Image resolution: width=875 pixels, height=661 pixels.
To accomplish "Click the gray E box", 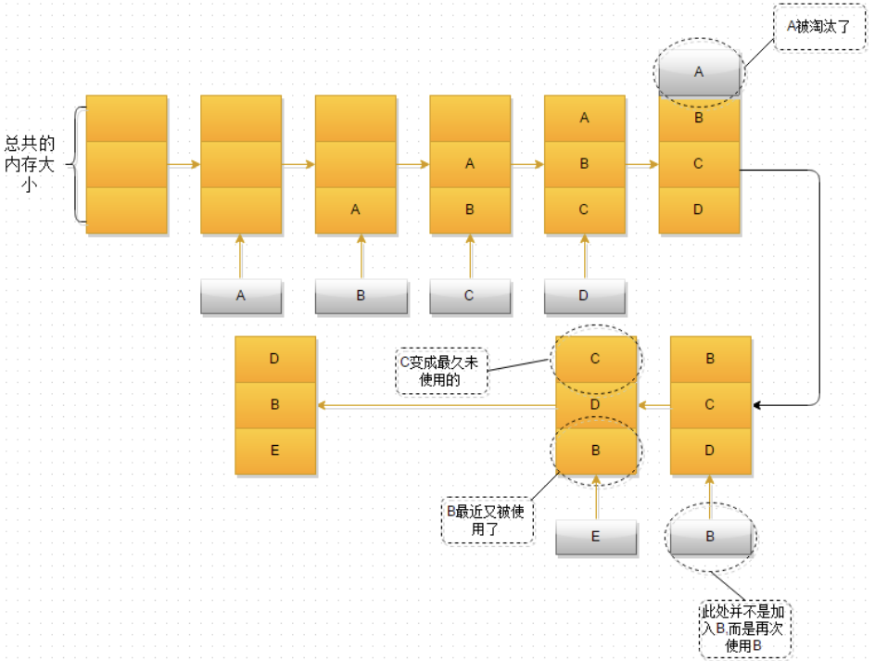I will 596,537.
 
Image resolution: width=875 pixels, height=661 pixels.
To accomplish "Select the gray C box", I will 470,296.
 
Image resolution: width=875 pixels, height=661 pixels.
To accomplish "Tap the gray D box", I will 584,296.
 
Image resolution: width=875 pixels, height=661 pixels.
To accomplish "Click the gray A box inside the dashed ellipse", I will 699,72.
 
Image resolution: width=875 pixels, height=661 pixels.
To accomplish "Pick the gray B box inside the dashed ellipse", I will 711,536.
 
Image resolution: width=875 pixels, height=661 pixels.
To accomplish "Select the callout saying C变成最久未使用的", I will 441,372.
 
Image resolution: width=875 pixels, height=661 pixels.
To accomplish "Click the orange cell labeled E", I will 275,451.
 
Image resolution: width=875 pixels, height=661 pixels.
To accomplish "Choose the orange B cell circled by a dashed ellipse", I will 596,450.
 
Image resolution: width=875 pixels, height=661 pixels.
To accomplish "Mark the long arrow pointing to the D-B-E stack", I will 436,405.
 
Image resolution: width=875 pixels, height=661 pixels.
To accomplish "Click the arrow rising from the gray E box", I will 596,498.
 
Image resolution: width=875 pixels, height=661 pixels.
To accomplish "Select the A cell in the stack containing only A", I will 355,210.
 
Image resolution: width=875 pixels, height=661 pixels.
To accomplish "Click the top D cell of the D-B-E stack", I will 275,359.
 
